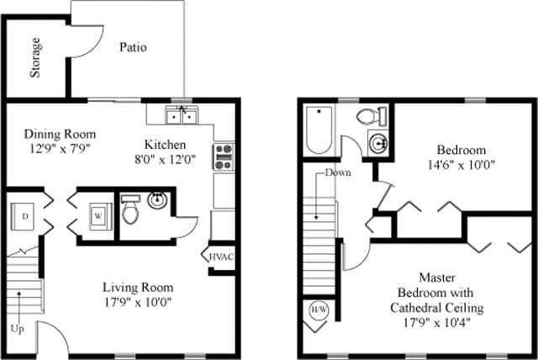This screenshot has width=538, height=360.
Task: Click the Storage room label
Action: tap(35, 57)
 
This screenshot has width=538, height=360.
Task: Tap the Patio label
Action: tap(132, 47)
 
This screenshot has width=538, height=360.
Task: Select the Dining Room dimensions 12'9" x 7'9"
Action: tap(59, 149)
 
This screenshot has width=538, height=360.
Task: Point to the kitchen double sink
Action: tap(182, 116)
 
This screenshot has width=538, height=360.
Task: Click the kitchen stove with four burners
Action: tap(224, 157)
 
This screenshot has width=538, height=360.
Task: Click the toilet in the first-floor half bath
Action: tap(129, 211)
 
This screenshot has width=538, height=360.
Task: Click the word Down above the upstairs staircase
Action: tap(338, 173)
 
